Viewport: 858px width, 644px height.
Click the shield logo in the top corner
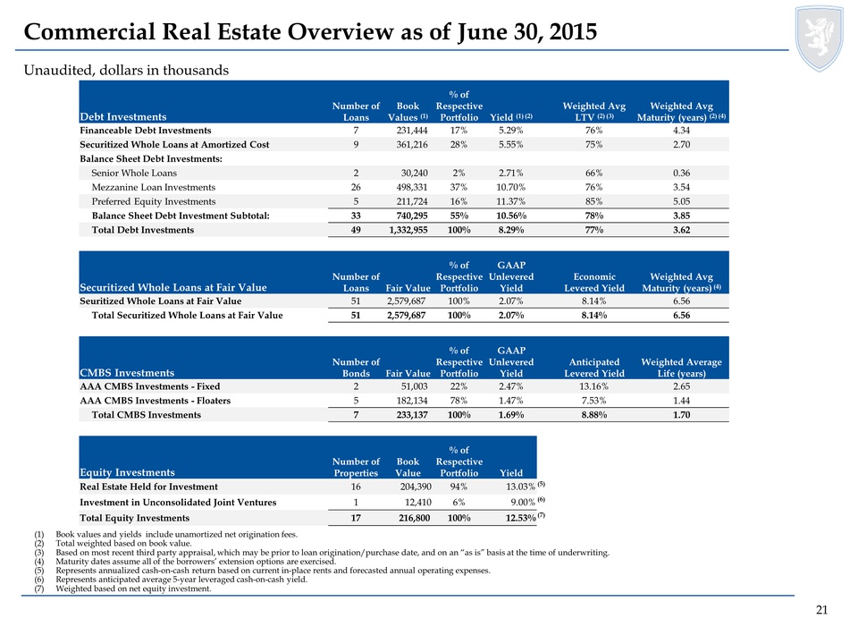820,38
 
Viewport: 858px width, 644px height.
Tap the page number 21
821,610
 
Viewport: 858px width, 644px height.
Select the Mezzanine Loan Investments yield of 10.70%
511,187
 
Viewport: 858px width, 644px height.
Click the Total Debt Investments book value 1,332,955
408,230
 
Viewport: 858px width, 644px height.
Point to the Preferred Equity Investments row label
154,201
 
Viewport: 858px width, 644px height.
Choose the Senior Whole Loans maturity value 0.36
681,173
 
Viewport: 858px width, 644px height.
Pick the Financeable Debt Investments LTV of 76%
593,131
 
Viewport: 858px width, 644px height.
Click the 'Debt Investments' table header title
123,116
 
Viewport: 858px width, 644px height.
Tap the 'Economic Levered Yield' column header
594,283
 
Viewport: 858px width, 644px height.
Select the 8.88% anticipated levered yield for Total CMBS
593,415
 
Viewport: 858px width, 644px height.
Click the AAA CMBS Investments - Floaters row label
156,401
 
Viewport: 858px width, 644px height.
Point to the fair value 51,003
414,386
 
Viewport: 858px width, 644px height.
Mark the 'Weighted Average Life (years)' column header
681,368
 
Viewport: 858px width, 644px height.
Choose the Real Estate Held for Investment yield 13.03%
520,487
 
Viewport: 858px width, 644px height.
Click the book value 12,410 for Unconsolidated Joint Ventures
418,502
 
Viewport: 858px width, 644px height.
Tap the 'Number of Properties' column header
356,467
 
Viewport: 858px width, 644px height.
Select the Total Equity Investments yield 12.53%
520,518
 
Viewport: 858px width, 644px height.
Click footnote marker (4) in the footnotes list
38,562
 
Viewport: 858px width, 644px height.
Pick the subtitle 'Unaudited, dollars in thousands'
126,70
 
